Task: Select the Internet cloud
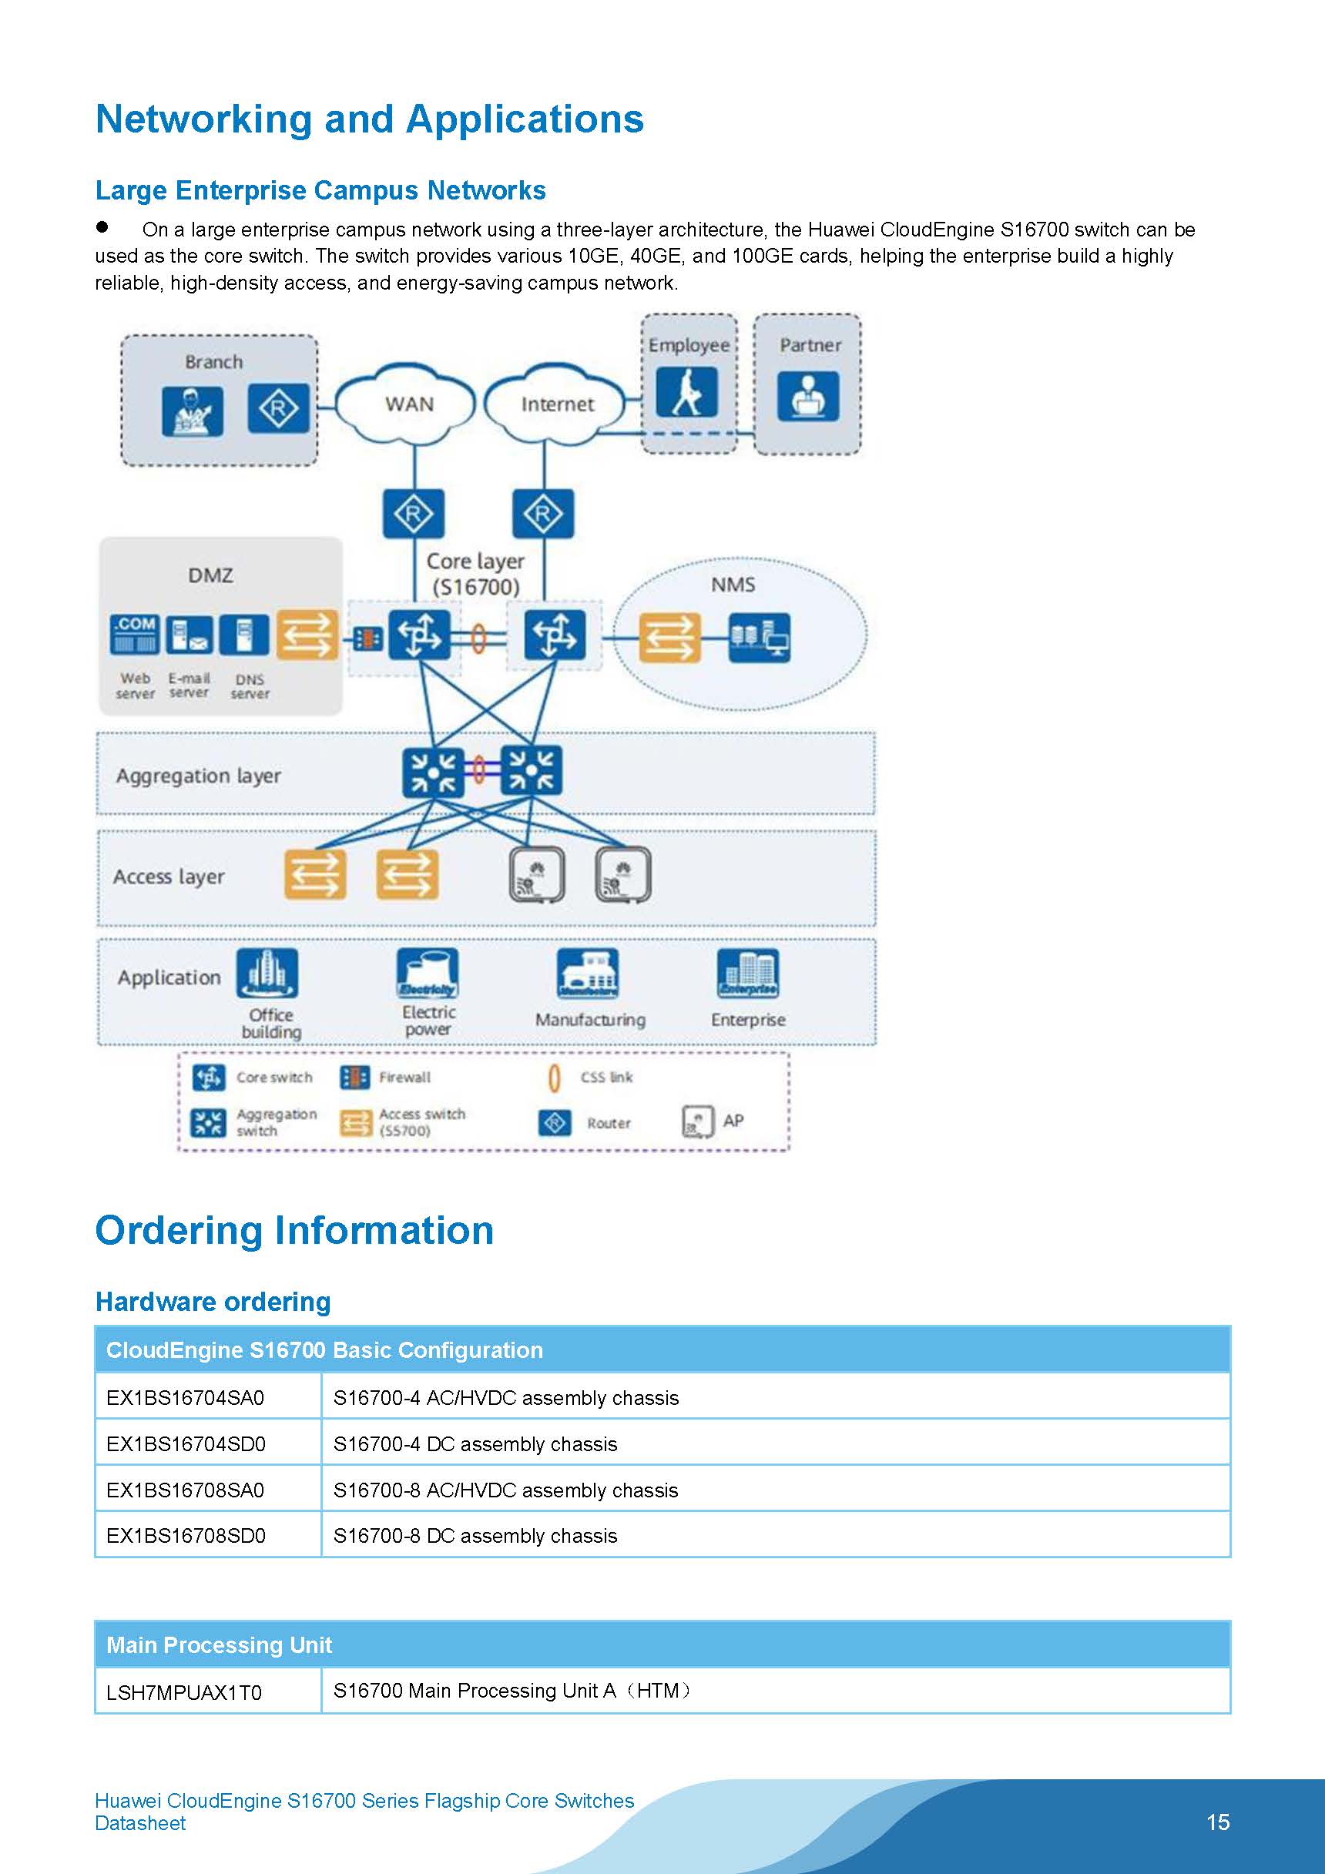click(556, 404)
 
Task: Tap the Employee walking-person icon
click(687, 392)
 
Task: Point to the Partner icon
click(807, 396)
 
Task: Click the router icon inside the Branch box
click(278, 408)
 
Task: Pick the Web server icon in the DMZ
click(135, 635)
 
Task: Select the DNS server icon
click(244, 635)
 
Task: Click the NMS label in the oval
click(733, 585)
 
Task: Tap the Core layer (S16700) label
click(475, 574)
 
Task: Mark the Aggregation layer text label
click(199, 776)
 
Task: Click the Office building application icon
click(267, 973)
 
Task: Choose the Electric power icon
click(427, 973)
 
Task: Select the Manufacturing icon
click(587, 973)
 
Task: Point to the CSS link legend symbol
click(555, 1078)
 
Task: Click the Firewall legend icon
click(354, 1078)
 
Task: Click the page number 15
click(1217, 1822)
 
